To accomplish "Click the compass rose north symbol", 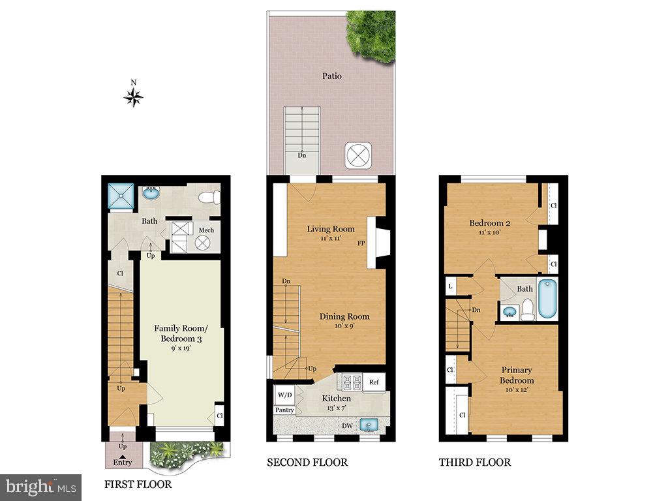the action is (x=133, y=98).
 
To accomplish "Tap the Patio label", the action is (x=332, y=76).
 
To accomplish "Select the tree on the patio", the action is (x=371, y=37).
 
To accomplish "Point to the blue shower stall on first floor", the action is (x=121, y=196).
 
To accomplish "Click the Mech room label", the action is (x=206, y=230).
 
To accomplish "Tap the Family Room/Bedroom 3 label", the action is (x=181, y=333).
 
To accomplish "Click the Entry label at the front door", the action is (x=123, y=463).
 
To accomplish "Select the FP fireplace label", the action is (x=361, y=244).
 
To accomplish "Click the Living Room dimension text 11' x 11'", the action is (x=331, y=238).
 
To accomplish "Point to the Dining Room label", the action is (x=344, y=316).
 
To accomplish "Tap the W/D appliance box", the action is (x=285, y=395).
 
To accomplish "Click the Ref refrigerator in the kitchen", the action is (x=374, y=382).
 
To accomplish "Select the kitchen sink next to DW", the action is (x=369, y=425).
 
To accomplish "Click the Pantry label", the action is (x=284, y=410).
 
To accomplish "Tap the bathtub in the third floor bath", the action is (x=547, y=298).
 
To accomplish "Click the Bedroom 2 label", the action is (x=489, y=223).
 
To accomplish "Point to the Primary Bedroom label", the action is (x=517, y=375).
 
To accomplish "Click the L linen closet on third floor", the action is (x=450, y=286).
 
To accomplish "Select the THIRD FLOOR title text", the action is (x=475, y=463).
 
